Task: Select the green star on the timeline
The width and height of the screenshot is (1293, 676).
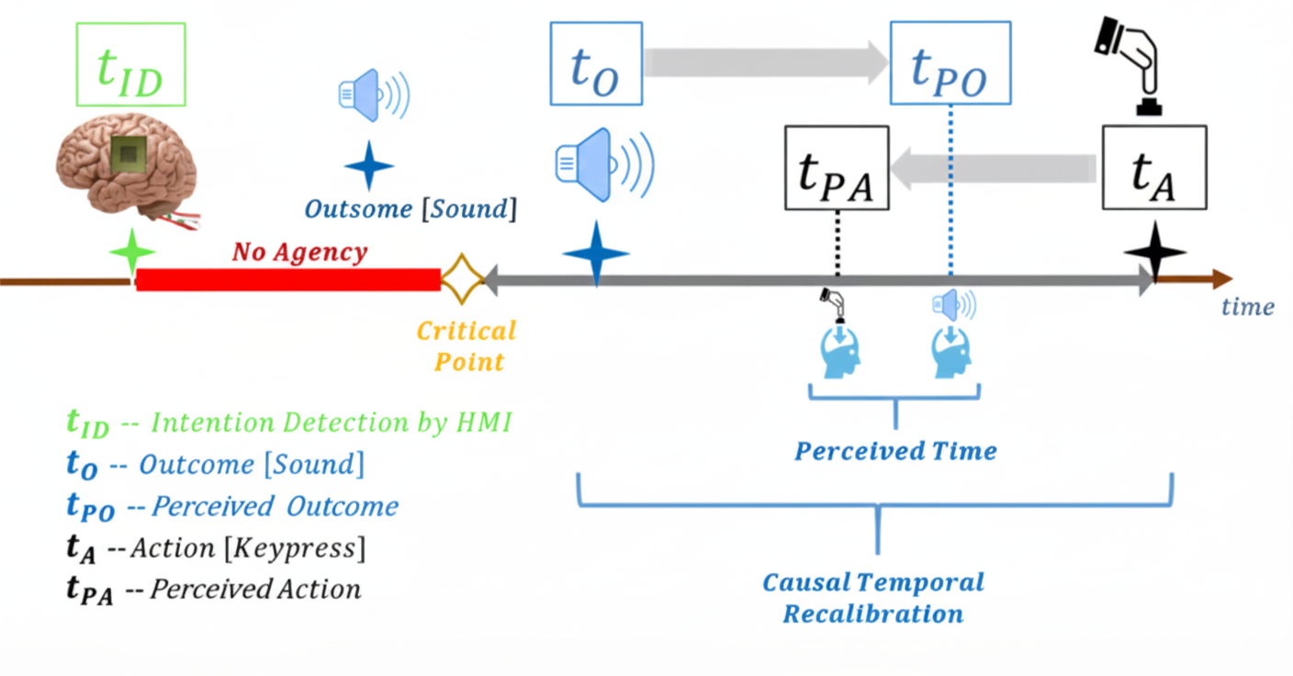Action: pyautogui.click(x=133, y=252)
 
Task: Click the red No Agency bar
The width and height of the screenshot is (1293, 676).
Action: pyautogui.click(x=287, y=279)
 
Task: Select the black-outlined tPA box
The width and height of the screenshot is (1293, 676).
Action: pyautogui.click(x=837, y=168)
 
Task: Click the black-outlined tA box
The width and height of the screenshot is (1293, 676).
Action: pyautogui.click(x=1154, y=168)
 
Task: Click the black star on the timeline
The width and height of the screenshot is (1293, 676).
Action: pyautogui.click(x=1155, y=252)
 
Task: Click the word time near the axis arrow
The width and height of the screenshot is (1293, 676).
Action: pyautogui.click(x=1247, y=308)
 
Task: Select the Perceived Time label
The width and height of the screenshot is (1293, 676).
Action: pyautogui.click(x=895, y=451)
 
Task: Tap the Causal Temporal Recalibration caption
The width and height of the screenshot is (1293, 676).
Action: pyautogui.click(x=873, y=597)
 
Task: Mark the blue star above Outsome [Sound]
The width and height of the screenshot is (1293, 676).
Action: pyautogui.click(x=368, y=165)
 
